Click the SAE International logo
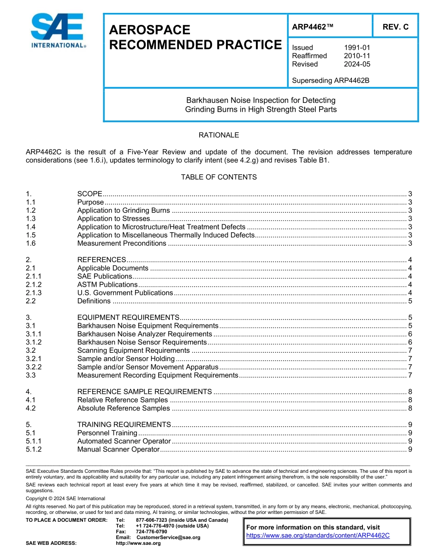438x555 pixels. (58, 31)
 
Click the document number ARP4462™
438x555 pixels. (313, 27)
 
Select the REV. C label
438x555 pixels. (395, 27)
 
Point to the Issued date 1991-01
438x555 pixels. (357, 48)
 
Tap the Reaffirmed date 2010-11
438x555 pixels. (357, 56)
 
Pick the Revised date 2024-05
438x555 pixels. (357, 64)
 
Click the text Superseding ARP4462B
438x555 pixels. (331, 80)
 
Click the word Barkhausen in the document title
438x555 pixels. (203, 100)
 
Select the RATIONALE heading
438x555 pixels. (219, 135)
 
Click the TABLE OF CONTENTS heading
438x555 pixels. (219, 177)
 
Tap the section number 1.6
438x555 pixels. (31, 243)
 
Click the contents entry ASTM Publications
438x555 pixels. (107, 285)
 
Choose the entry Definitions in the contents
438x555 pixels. (94, 301)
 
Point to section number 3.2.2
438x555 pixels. (34, 367)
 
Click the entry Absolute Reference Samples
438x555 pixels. (123, 408)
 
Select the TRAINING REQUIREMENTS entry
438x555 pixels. (124, 425)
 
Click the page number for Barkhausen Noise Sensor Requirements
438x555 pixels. (410, 342)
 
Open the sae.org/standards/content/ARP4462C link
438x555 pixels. (318, 536)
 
